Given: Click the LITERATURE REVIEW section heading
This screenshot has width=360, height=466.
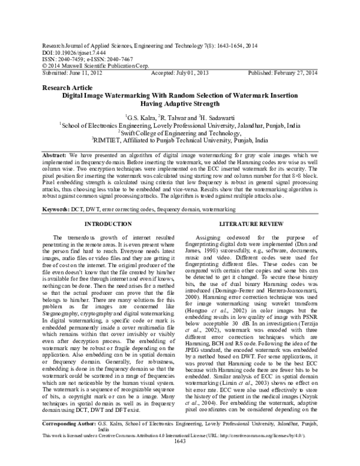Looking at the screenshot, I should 265,223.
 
